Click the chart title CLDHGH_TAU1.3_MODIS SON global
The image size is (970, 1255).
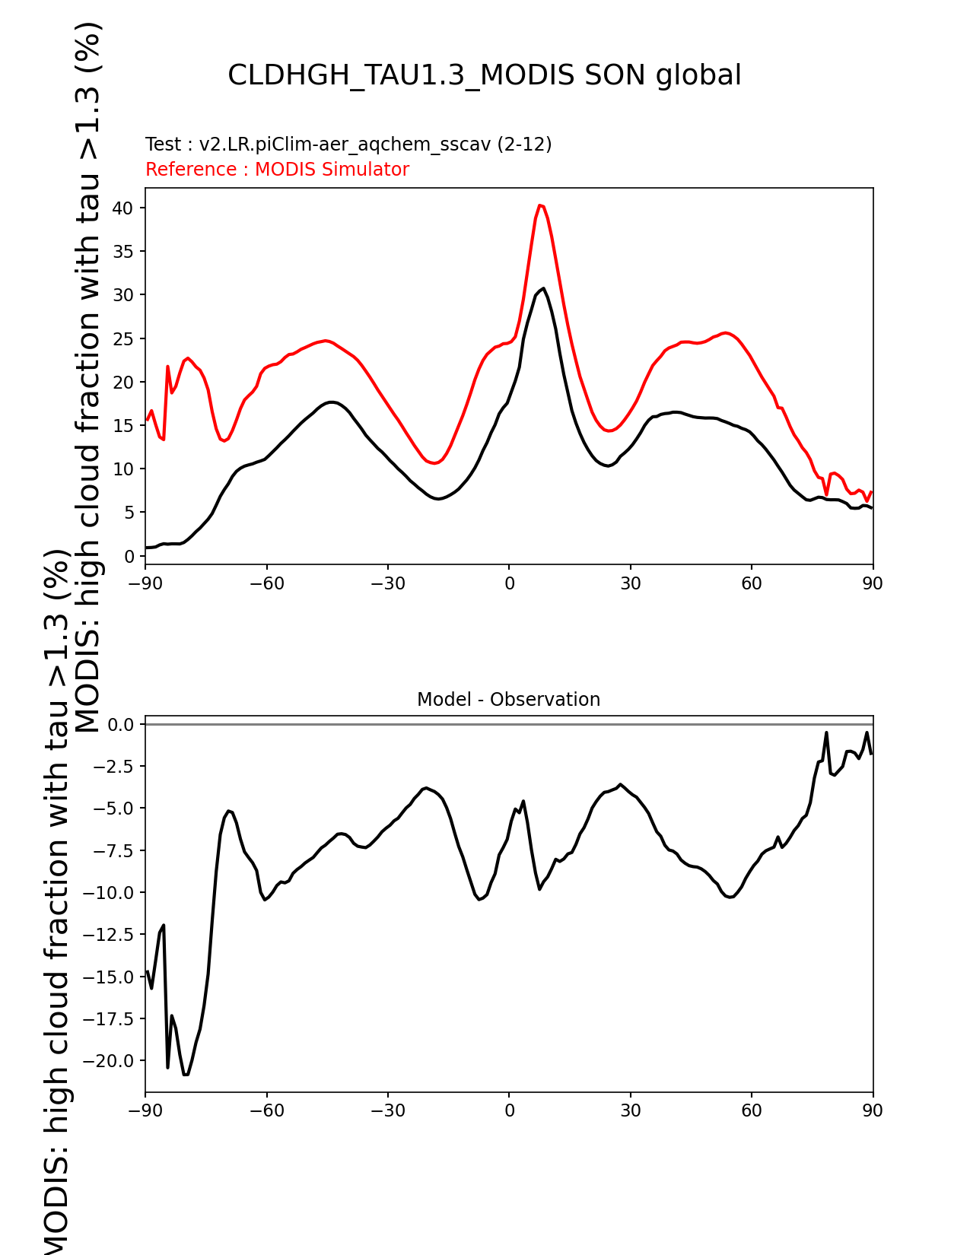(484, 75)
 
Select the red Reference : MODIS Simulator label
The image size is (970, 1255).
(277, 169)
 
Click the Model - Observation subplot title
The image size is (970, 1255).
(508, 699)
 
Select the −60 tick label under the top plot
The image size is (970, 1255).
(266, 583)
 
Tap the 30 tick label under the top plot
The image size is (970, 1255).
(630, 583)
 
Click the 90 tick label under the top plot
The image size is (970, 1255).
(873, 583)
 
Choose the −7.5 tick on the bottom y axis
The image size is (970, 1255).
(113, 850)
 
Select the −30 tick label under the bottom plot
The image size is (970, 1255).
(387, 1110)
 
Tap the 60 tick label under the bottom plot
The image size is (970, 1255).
(751, 1110)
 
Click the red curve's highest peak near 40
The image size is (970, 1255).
(540, 205)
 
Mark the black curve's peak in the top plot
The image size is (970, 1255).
(543, 288)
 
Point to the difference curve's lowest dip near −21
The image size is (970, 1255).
(186, 1074)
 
